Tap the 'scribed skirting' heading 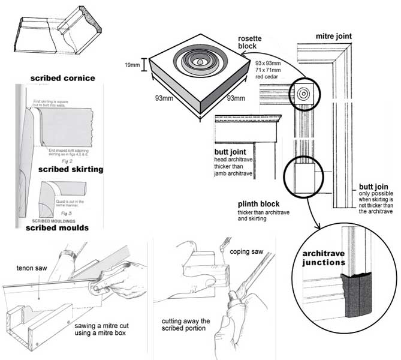(70, 169)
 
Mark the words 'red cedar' (267, 77)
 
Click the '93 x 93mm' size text (268, 63)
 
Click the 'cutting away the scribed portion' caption (185, 325)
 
